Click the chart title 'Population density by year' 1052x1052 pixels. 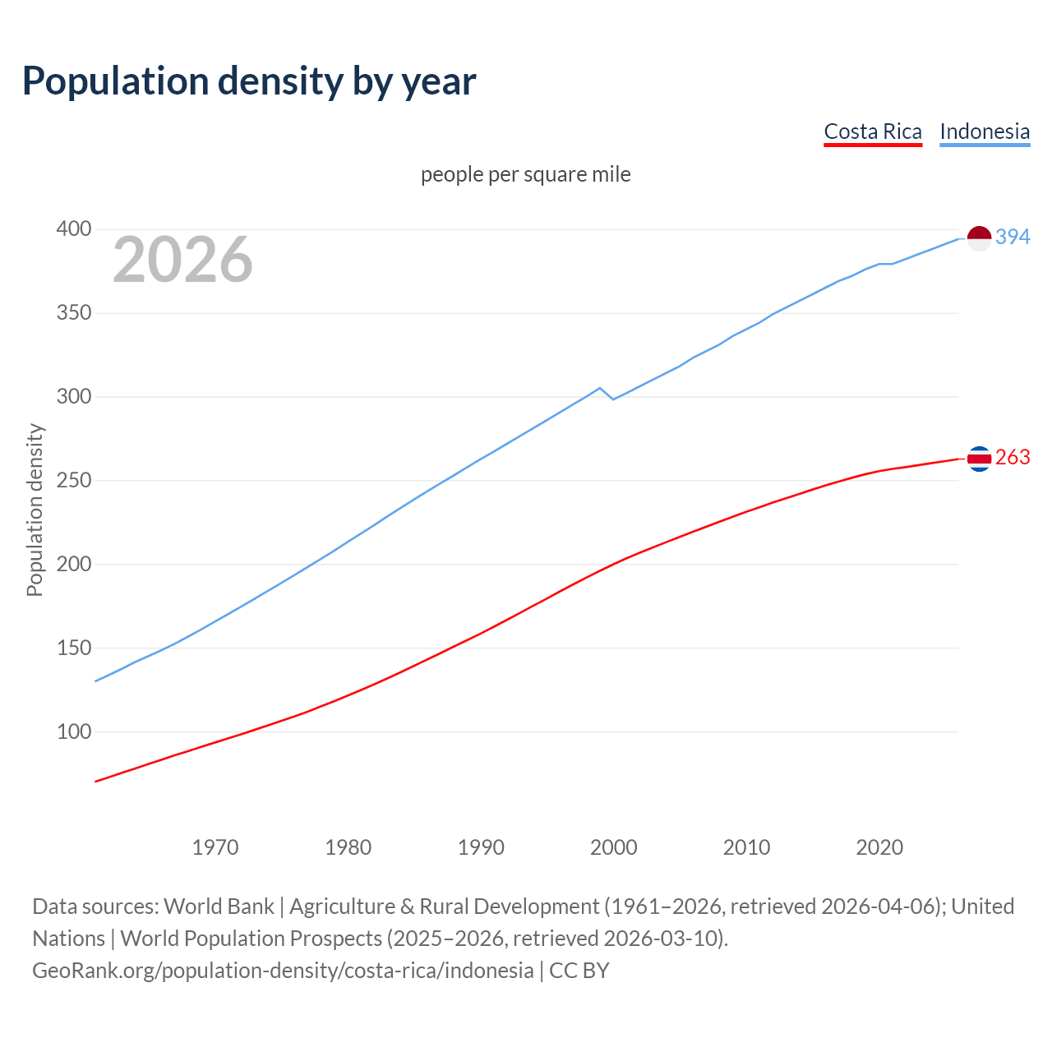pyautogui.click(x=249, y=81)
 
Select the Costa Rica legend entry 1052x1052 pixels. pyautogui.click(x=873, y=131)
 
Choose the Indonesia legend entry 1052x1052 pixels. pyautogui.click(x=985, y=131)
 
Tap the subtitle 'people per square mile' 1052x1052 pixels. pyautogui.click(x=526, y=174)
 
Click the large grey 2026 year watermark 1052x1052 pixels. pyautogui.click(x=182, y=260)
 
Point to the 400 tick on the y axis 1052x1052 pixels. pyautogui.click(x=74, y=229)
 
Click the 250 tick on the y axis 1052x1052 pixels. pyautogui.click(x=74, y=480)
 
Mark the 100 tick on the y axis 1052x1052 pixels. pyautogui.click(x=74, y=731)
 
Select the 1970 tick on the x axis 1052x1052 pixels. pyautogui.click(x=215, y=847)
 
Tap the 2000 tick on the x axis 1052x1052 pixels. pyautogui.click(x=614, y=847)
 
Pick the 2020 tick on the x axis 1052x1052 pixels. pyautogui.click(x=879, y=847)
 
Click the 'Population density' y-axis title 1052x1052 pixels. pyautogui.click(x=35, y=510)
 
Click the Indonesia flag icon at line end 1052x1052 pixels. pyautogui.click(x=979, y=238)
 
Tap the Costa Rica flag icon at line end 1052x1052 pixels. pyautogui.click(x=979, y=459)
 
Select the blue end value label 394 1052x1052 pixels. pyautogui.click(x=1013, y=237)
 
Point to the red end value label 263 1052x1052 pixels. pyautogui.click(x=1013, y=457)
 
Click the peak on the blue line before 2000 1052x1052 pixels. pyautogui.click(x=600, y=388)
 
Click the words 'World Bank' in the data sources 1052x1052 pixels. pyautogui.click(x=219, y=907)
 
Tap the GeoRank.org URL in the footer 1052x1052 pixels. pyautogui.click(x=283, y=971)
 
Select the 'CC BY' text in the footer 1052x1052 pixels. pyautogui.click(x=579, y=971)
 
